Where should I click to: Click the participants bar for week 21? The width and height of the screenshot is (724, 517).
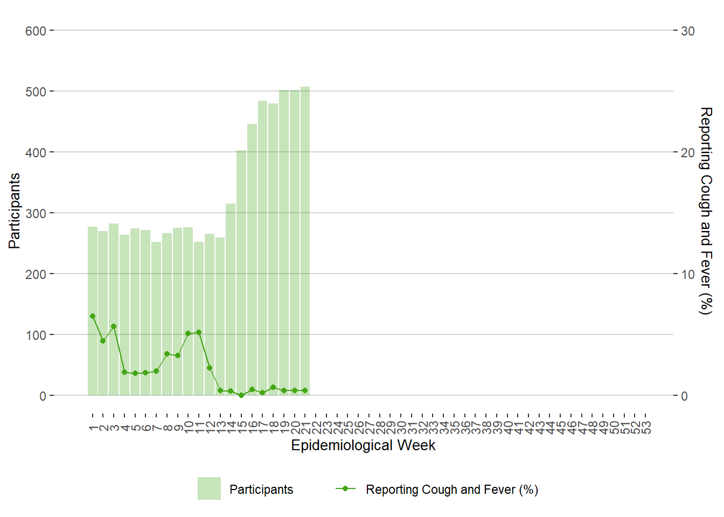coord(305,242)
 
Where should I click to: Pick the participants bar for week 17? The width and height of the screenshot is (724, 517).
coord(262,248)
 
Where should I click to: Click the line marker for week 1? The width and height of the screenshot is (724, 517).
coord(93,316)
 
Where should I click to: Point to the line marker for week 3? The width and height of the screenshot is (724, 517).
coord(114,326)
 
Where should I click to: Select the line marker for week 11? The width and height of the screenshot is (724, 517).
coord(199,332)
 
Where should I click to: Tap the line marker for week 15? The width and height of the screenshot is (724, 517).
coord(241,395)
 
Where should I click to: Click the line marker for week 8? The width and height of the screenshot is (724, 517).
coord(167,354)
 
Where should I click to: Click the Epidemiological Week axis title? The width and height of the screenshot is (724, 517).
coord(363,445)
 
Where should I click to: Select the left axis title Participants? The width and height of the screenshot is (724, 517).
coord(15,211)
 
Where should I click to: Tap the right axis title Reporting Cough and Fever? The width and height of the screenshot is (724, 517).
coord(705,211)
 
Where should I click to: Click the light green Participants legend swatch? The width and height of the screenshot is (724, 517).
coord(209,488)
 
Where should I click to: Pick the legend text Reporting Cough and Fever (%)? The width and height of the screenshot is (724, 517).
coord(451,490)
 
